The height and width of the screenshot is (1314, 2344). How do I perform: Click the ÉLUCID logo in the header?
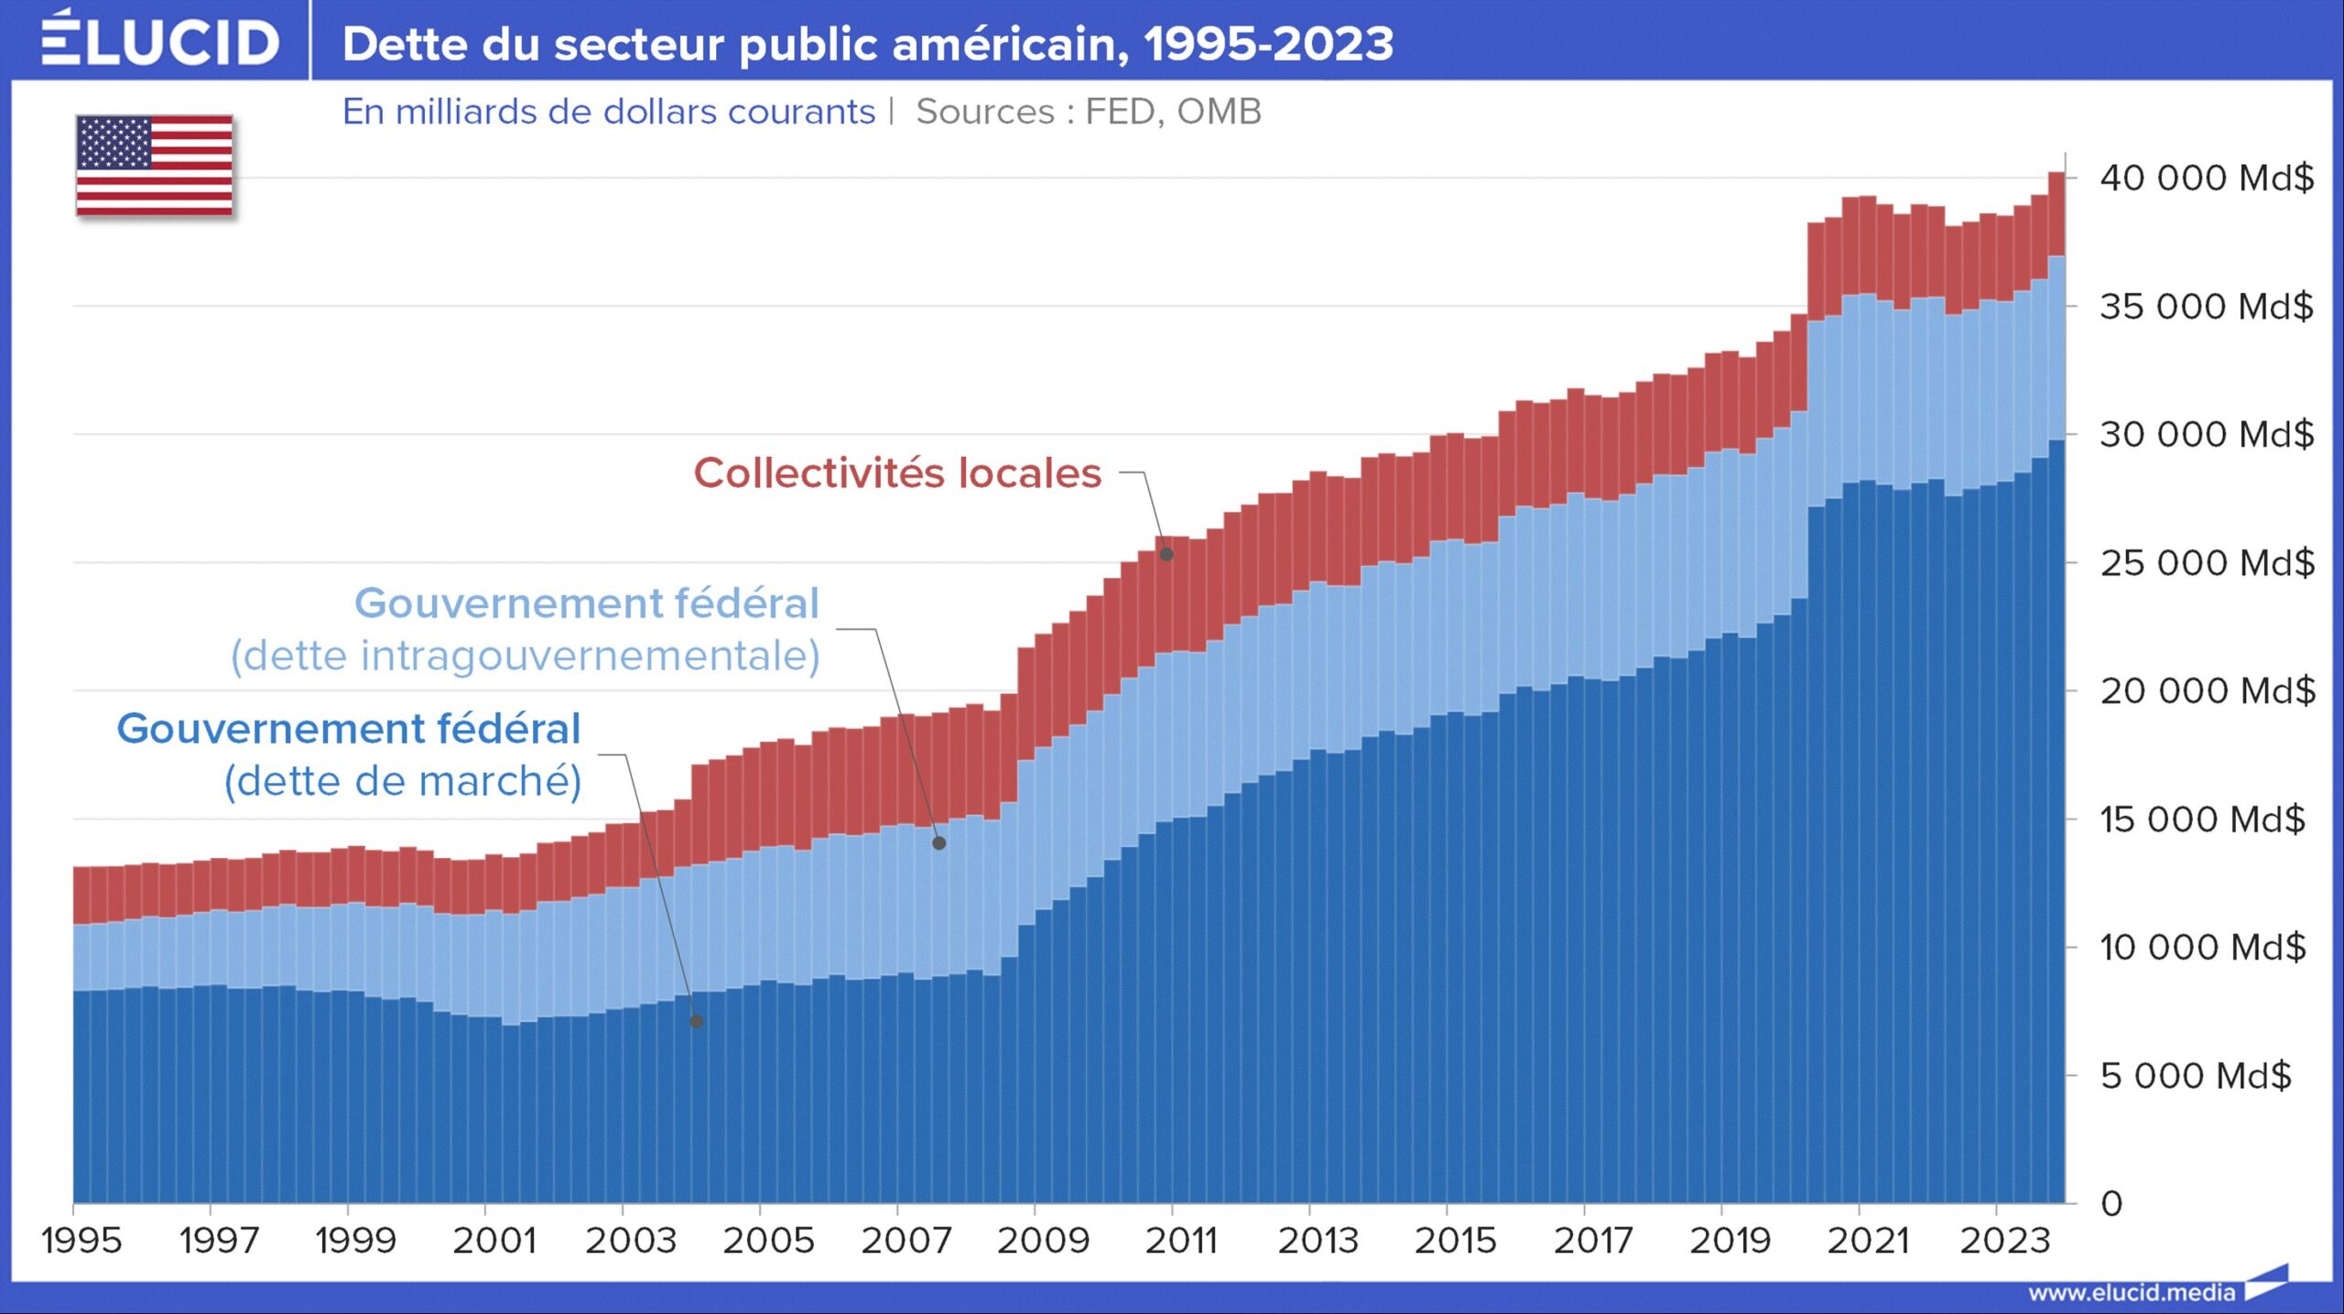point(159,41)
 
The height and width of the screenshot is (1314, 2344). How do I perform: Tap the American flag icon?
point(154,166)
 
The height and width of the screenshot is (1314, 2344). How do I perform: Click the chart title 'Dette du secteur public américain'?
point(867,44)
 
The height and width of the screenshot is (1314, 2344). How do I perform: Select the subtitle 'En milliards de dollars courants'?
point(608,112)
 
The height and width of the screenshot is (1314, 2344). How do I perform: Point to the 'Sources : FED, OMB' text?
point(1088,112)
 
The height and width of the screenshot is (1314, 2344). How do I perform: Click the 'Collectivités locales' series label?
point(897,473)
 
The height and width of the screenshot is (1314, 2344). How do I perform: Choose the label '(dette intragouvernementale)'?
point(525,656)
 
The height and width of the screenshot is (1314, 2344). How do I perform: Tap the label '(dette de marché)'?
point(403,781)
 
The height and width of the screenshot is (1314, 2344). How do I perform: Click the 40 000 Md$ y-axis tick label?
point(2207,178)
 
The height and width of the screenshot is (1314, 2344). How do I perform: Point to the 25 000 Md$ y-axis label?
point(2207,562)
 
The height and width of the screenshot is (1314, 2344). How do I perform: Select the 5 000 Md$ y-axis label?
point(2196,1075)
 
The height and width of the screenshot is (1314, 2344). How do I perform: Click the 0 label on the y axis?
point(2111,1203)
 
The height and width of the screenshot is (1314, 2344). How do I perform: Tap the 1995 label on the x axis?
point(81,1241)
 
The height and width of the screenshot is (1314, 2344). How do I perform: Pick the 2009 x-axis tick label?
point(1043,1241)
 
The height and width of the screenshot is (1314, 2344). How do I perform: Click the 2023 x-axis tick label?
point(2004,1241)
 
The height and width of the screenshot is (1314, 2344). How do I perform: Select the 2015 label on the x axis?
point(1455,1241)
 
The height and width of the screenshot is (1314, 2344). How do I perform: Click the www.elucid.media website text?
point(2132,1292)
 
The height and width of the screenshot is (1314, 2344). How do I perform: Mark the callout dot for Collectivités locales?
point(1167,554)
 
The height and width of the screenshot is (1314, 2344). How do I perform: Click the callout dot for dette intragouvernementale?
point(939,843)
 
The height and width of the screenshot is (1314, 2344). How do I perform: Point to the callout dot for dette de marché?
point(697,1021)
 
